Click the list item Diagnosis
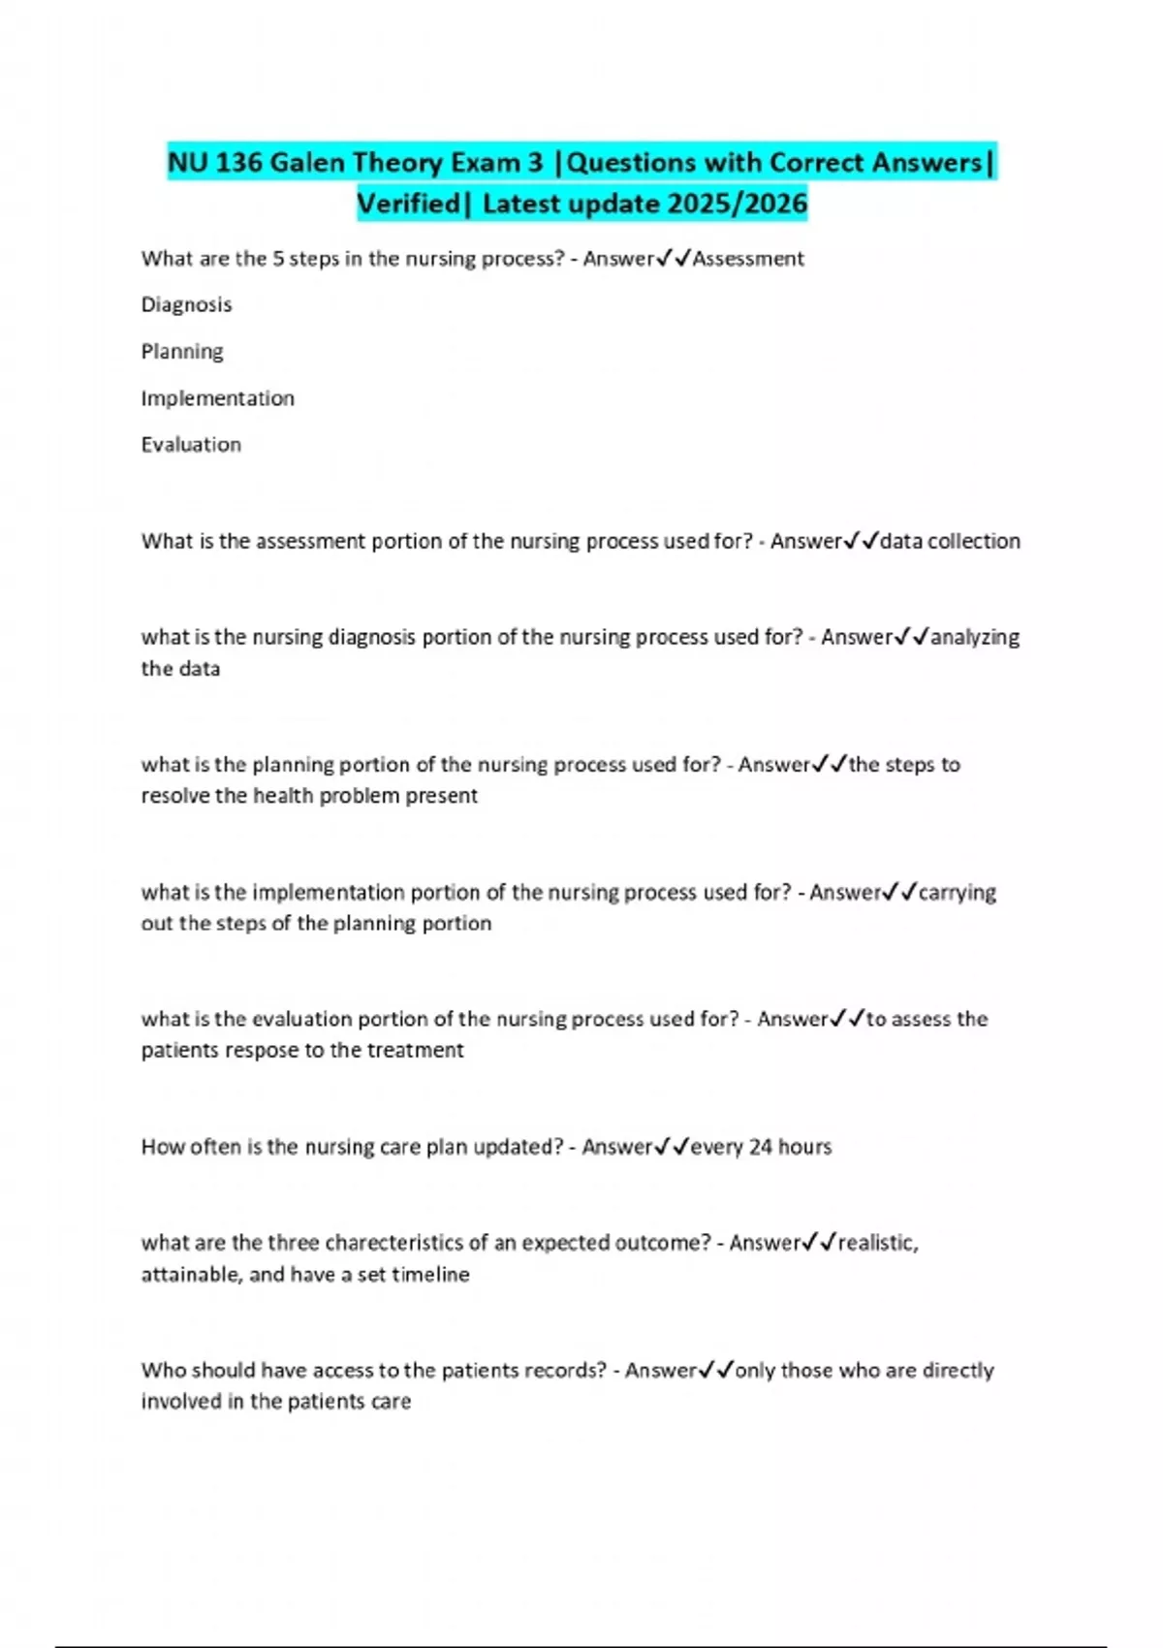186,304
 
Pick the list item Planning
182,351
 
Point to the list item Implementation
217,398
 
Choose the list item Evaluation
191,445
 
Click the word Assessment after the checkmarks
748,259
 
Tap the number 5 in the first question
279,259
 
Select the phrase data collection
950,541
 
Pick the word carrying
957,892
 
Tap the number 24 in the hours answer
761,1147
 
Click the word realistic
877,1243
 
